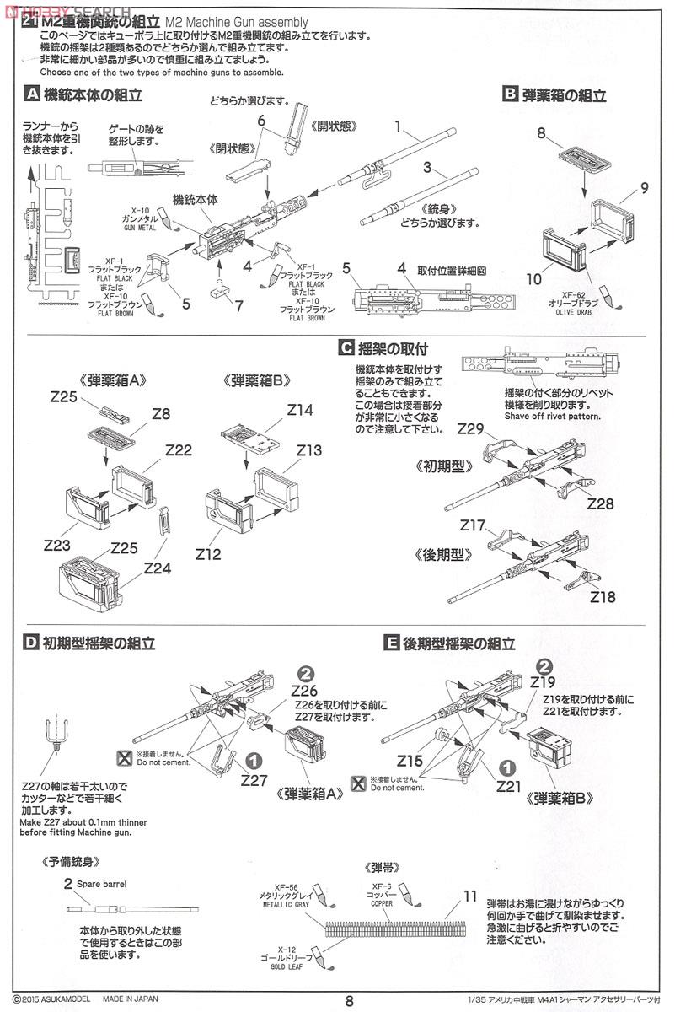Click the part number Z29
(470, 429)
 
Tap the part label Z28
(601, 503)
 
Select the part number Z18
(603, 596)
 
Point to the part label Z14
(300, 411)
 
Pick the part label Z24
(158, 568)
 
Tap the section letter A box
(31, 94)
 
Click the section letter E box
(391, 643)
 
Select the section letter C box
(345, 347)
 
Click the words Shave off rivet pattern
(552, 416)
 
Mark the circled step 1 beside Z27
(254, 759)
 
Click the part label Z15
(410, 761)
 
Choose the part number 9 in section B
(643, 188)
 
